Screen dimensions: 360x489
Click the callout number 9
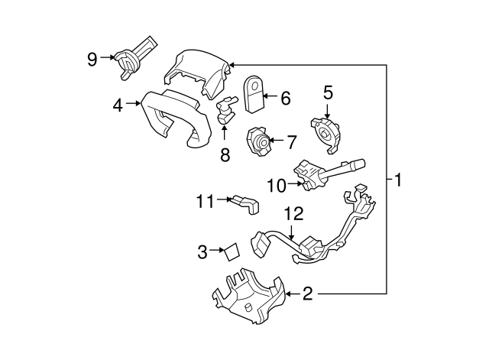pos(92,58)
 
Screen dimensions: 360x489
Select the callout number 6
pos(285,98)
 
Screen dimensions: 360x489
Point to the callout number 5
pos(328,92)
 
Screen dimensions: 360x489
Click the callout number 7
pos(290,141)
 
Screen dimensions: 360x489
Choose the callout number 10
pos(275,184)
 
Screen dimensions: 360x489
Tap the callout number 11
pos(204,201)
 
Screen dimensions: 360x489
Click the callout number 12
pos(294,213)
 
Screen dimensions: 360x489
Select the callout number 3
pos(202,251)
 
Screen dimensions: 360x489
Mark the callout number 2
pos(306,293)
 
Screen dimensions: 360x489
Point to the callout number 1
pos(398,180)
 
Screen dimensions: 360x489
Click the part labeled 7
pos(258,142)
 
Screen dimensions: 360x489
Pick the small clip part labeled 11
pos(246,203)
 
